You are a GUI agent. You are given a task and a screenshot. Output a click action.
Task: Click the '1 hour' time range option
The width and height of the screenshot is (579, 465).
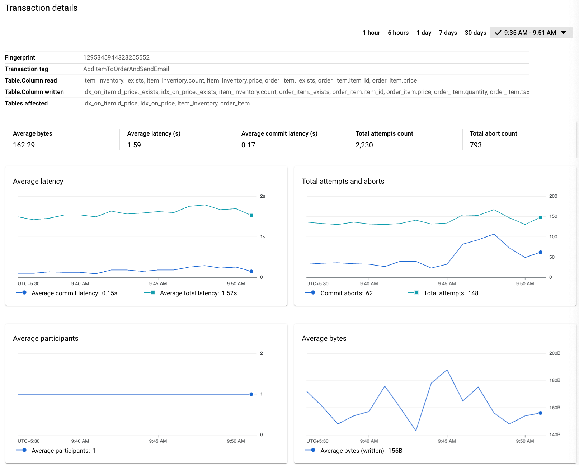pyautogui.click(x=371, y=33)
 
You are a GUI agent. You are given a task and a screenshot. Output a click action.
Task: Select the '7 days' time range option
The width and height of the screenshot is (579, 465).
pyautogui.click(x=448, y=33)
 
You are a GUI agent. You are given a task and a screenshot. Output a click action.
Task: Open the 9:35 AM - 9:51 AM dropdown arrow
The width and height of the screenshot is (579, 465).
pyautogui.click(x=564, y=33)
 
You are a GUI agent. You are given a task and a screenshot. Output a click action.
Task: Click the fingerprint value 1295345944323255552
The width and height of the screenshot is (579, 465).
pyautogui.click(x=116, y=57)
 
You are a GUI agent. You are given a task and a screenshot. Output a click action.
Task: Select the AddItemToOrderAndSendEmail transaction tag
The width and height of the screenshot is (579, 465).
pyautogui.click(x=126, y=69)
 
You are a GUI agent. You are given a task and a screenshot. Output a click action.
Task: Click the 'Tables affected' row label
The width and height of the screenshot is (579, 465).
pyautogui.click(x=26, y=103)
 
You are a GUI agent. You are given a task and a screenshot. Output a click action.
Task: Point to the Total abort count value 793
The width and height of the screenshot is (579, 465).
pyautogui.click(x=475, y=145)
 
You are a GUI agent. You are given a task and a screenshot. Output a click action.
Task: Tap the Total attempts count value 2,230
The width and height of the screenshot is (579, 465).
pyautogui.click(x=364, y=145)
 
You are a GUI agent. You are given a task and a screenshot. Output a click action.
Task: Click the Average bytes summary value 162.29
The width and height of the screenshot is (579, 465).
pyautogui.click(x=24, y=145)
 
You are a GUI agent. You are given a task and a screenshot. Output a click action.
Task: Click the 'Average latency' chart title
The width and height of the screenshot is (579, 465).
pyautogui.click(x=38, y=181)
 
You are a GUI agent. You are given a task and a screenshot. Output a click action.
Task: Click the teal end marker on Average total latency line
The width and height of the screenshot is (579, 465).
pyautogui.click(x=251, y=216)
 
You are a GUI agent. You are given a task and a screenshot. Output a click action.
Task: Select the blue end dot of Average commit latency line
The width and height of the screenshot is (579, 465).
pyautogui.click(x=251, y=271)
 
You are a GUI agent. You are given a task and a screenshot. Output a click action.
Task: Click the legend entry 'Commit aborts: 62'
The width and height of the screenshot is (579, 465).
pyautogui.click(x=346, y=293)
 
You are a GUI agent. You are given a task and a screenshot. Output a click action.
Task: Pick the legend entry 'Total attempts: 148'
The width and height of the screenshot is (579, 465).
pyautogui.click(x=451, y=293)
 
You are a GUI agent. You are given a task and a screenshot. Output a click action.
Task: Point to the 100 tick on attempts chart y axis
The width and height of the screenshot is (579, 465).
pyautogui.click(x=553, y=237)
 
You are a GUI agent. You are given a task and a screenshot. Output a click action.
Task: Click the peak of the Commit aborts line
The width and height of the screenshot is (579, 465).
pyautogui.click(x=494, y=234)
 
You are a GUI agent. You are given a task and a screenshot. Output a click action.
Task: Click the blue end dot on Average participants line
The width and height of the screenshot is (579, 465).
pyautogui.click(x=251, y=394)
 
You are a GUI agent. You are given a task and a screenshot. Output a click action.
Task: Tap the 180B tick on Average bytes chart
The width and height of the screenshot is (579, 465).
pyautogui.click(x=555, y=380)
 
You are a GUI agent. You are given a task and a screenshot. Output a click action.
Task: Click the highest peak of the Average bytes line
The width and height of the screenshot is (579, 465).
pyautogui.click(x=447, y=370)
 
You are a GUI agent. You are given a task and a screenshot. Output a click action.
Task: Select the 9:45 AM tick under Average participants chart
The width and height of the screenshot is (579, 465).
pyautogui.click(x=158, y=441)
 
